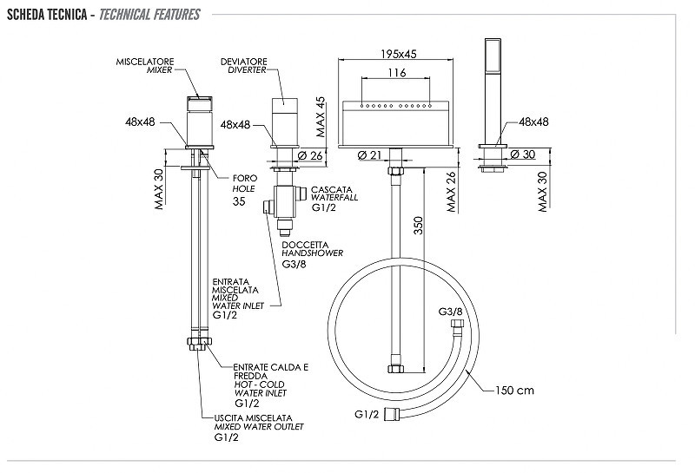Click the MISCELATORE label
[x=145, y=62]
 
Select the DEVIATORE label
[x=244, y=62]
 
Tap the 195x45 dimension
[x=399, y=54]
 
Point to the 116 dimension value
[x=397, y=73]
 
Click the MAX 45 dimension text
[x=321, y=117]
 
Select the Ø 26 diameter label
[x=310, y=155]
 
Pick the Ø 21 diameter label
[x=369, y=155]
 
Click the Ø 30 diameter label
[x=523, y=154]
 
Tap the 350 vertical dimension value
[x=419, y=226]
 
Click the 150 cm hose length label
[x=514, y=391]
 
